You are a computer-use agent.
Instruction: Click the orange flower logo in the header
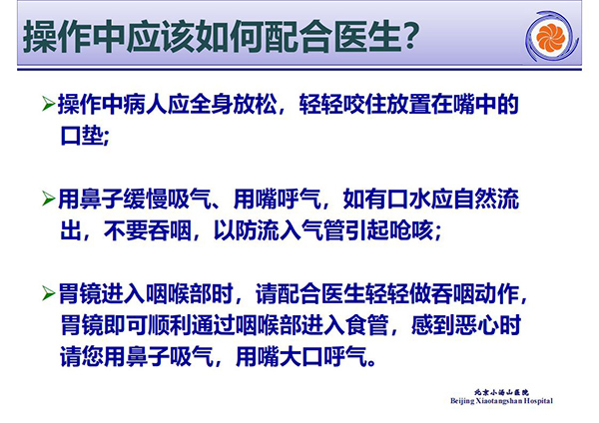click(x=550, y=37)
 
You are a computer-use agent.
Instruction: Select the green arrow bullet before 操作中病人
click(x=49, y=104)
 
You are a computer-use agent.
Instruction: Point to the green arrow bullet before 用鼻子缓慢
click(x=49, y=199)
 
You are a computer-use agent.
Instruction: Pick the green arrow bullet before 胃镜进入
click(x=49, y=293)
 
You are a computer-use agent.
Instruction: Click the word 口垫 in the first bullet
click(x=82, y=135)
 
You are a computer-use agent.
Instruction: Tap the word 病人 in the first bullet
click(x=146, y=104)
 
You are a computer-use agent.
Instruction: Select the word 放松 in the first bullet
click(x=255, y=104)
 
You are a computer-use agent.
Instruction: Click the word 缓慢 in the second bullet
click(x=146, y=199)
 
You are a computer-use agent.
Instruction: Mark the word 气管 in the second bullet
click(x=323, y=230)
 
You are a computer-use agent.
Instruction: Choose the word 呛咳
click(x=411, y=230)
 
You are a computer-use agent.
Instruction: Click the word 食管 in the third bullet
click(x=367, y=325)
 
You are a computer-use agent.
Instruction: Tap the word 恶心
click(x=477, y=325)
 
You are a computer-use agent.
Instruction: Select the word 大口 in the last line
click(x=301, y=356)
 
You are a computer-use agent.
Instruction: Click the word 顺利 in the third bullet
click(x=170, y=325)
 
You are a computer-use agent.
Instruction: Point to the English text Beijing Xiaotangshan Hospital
click(x=501, y=401)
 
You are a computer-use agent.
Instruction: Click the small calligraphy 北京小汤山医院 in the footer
click(x=501, y=392)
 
